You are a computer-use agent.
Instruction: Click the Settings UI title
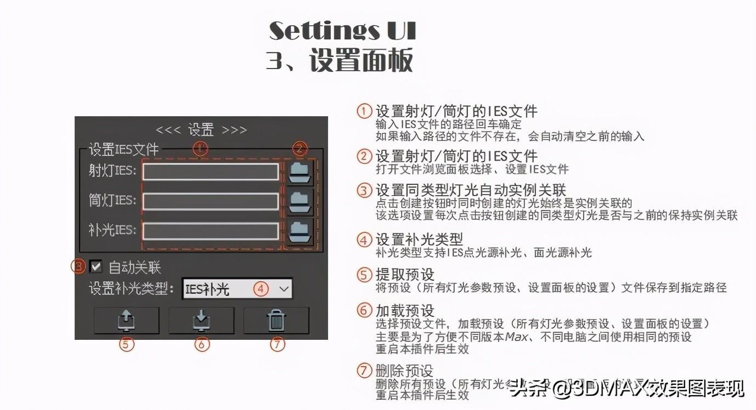342,31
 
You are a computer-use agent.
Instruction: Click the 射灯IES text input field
210,172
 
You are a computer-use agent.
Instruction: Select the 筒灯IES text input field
210,201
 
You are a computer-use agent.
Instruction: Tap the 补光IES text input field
210,231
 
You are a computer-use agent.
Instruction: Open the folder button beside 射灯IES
300,172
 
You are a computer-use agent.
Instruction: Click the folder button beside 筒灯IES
300,201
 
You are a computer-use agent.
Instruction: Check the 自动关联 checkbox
96,267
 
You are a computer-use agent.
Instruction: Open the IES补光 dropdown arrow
283,289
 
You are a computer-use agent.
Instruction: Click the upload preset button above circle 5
126,321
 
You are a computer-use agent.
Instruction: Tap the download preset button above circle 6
201,321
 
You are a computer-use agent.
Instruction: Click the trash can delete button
276,321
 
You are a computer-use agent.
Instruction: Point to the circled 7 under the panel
278,345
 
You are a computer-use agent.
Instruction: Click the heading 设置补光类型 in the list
419,240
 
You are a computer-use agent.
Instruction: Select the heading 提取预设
405,274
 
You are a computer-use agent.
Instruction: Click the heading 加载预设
405,310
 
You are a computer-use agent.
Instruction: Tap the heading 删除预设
405,371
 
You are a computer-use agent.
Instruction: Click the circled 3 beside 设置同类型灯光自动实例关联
364,191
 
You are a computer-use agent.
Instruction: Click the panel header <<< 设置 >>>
201,130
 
